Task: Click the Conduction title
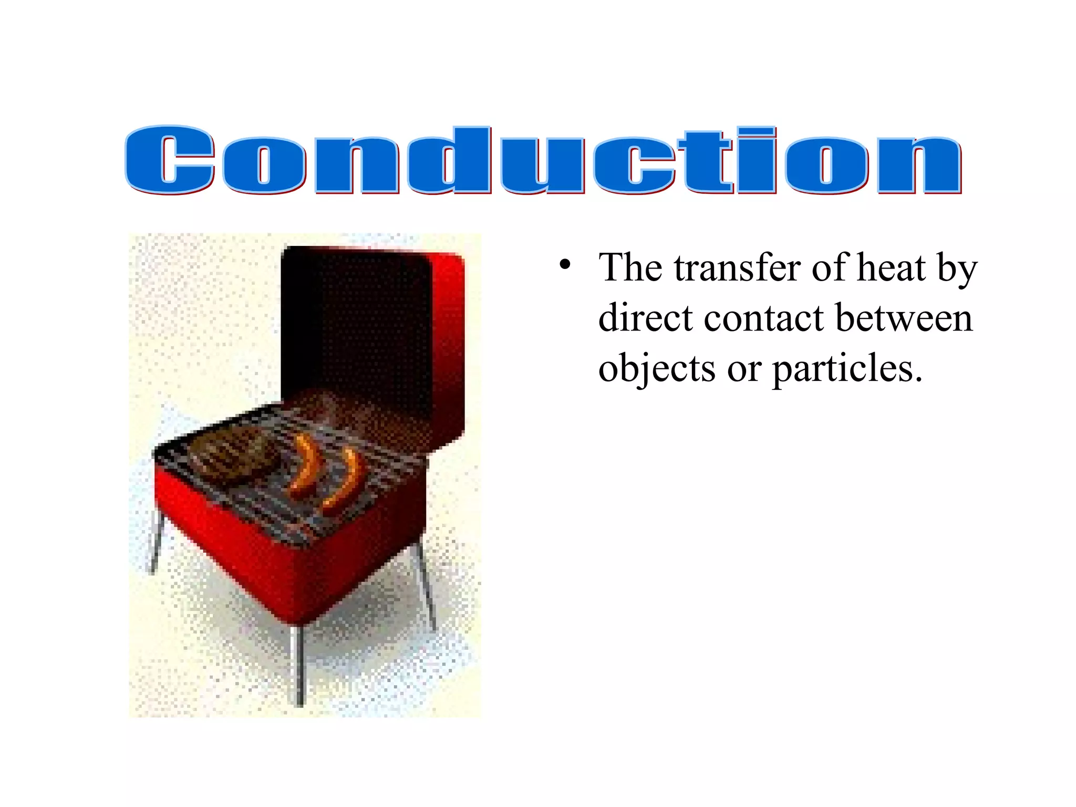click(x=543, y=160)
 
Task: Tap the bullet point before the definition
click(x=565, y=265)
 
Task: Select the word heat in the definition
click(x=891, y=268)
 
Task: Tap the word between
click(x=904, y=318)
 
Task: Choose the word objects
click(x=657, y=369)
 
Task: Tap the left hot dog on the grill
click(x=305, y=465)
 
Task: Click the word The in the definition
click(x=630, y=268)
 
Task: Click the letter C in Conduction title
click(x=169, y=160)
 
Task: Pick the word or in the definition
click(x=744, y=369)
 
